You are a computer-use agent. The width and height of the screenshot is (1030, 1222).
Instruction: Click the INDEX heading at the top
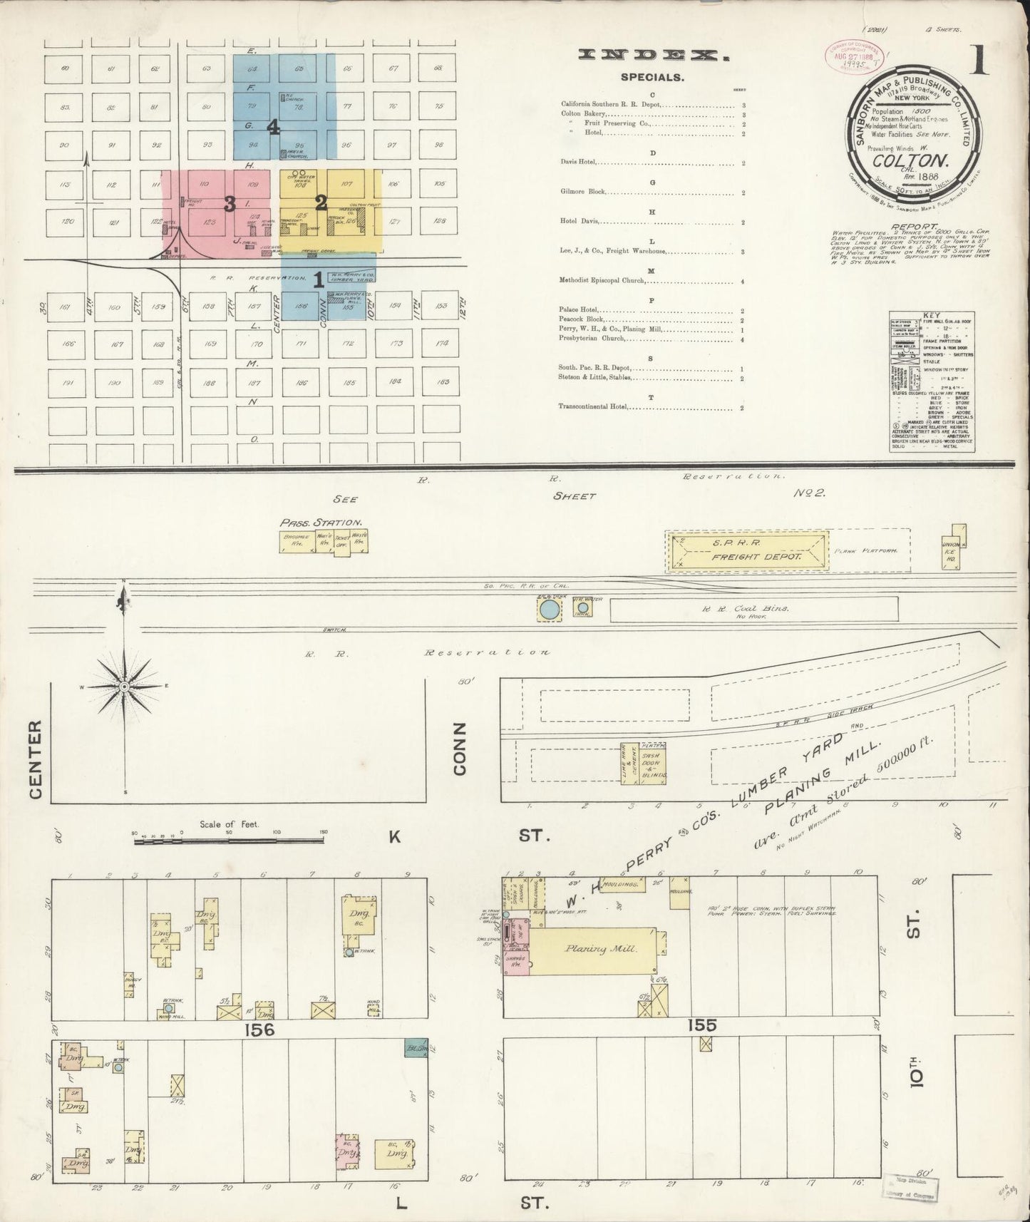[x=648, y=55]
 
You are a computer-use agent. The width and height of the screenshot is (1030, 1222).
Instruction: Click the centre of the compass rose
[x=124, y=687]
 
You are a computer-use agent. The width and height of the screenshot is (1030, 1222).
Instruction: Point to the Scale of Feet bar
[x=230, y=841]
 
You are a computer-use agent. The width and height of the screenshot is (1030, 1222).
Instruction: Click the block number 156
[x=257, y=1029]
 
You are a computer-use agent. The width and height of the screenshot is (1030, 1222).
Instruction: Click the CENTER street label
[x=36, y=759]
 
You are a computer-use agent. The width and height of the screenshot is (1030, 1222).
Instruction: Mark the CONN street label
[x=458, y=748]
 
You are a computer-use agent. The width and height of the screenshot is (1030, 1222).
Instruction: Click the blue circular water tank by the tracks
[x=549, y=609]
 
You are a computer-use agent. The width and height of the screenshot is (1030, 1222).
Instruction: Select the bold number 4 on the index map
[x=273, y=128]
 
